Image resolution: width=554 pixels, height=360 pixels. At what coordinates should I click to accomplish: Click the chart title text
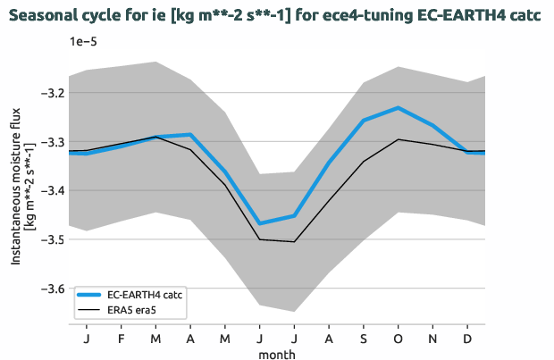tap(277, 16)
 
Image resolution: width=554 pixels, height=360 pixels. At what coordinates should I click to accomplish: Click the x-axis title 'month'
tap(277, 353)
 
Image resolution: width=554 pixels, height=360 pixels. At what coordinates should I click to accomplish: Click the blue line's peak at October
tap(397, 107)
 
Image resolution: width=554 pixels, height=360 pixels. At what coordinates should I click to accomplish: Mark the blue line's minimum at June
tap(260, 223)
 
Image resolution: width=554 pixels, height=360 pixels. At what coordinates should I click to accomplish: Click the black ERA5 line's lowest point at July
tap(295, 241)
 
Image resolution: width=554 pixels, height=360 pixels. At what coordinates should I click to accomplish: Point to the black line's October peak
tap(397, 139)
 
